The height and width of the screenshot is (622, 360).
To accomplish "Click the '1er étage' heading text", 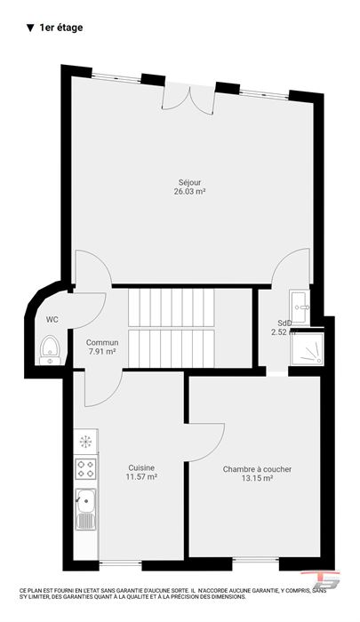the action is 61,28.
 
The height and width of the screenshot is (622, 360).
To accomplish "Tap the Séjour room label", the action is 189,183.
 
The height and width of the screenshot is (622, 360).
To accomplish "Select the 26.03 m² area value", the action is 189,192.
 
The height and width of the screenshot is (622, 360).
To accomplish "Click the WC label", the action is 52,320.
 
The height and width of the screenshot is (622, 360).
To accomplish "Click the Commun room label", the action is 102,342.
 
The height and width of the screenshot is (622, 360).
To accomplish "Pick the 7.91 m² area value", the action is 102,351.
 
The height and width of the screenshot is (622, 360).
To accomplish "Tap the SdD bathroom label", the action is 284,323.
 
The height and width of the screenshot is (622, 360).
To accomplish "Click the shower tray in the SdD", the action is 308,348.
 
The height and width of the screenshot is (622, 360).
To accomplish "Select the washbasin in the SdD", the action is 300,307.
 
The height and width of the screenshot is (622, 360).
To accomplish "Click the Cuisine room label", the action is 141,468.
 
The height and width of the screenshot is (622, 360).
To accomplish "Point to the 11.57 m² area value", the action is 141,477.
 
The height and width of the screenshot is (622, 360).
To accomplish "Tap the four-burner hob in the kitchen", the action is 85,469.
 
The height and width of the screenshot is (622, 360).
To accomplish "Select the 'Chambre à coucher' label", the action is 257,469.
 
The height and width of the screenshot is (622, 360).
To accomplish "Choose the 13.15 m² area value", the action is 257,478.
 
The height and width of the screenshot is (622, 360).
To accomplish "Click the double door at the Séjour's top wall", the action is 189,99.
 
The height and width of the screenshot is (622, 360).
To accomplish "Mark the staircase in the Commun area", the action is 171,328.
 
